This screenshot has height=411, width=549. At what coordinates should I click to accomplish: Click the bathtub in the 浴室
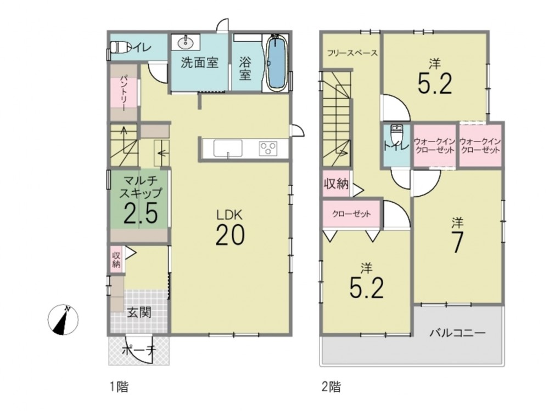(x=277, y=63)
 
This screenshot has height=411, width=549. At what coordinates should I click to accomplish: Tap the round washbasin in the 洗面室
(x=185, y=43)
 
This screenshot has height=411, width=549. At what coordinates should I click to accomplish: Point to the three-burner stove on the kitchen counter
(x=268, y=148)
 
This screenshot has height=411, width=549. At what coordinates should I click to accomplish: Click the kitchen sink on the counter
(x=228, y=149)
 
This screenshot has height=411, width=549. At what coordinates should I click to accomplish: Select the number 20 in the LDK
(x=230, y=235)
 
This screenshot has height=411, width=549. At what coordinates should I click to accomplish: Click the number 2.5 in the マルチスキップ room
(x=141, y=213)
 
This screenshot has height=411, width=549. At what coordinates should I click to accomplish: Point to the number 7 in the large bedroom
(x=458, y=242)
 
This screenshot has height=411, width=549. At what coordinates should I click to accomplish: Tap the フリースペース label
(x=352, y=53)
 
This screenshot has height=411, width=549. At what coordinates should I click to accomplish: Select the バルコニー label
(x=458, y=333)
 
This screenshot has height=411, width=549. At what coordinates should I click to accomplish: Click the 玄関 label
(x=139, y=312)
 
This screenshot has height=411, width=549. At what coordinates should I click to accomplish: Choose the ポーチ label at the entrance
(x=138, y=351)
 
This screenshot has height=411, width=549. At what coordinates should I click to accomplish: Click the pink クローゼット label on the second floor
(x=351, y=214)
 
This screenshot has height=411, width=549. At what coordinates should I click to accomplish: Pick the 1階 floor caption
(x=119, y=386)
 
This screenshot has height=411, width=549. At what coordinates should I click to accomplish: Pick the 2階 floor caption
(x=331, y=386)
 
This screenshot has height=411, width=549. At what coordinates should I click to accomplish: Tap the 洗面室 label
(x=199, y=63)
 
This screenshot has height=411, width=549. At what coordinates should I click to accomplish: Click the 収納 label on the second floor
(x=336, y=184)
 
